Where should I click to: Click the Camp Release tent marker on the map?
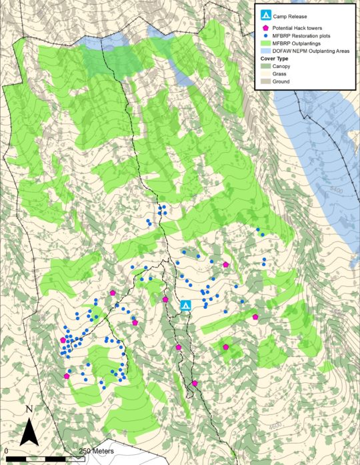coord(187,306)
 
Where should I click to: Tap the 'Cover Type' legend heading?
coord(276,59)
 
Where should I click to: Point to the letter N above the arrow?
coord(29,408)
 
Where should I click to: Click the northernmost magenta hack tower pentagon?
coord(226,265)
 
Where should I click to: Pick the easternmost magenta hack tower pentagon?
coord(255,317)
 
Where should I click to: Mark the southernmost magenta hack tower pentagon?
coord(195,383)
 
